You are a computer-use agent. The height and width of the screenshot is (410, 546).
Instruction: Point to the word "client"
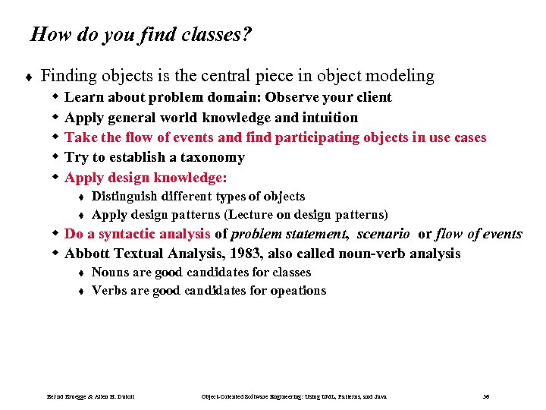click(373, 97)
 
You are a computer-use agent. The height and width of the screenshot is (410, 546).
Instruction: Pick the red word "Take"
click(80, 137)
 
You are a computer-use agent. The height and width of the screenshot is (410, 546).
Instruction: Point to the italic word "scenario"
click(383, 234)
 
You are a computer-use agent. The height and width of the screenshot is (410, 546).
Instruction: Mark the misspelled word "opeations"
click(298, 290)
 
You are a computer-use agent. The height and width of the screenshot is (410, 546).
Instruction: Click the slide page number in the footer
click(485, 397)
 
